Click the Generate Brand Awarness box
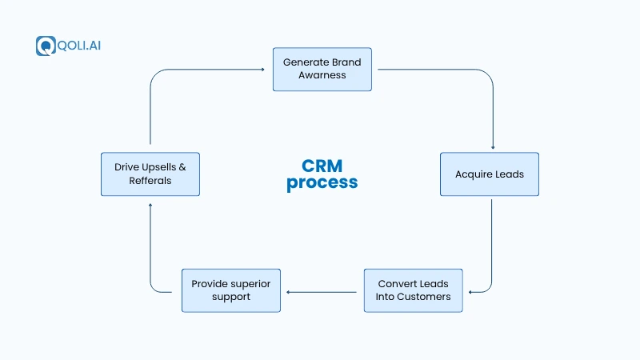(322, 69)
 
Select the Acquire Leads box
(490, 174)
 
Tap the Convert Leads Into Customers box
(413, 290)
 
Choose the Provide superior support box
(231, 290)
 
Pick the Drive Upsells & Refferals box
(150, 174)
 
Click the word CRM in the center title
(322, 166)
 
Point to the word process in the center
(322, 183)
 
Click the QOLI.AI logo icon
(44, 46)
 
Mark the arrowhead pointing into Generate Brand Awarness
(262, 69)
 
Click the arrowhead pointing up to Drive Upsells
(150, 206)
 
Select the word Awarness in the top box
(322, 75)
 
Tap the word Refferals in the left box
(150, 181)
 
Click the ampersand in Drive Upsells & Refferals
(182, 168)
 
